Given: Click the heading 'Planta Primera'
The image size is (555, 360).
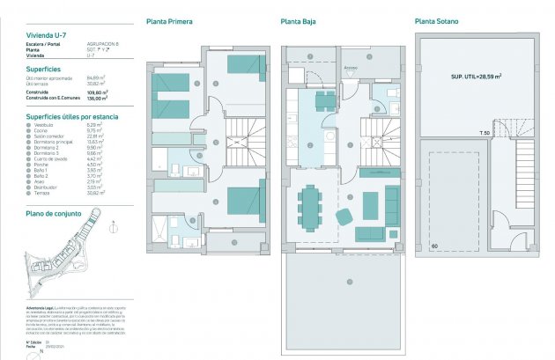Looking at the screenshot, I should [x=169, y=21].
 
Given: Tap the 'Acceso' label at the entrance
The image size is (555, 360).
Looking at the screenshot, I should [x=351, y=65].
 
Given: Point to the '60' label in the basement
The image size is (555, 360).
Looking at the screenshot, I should [x=434, y=246].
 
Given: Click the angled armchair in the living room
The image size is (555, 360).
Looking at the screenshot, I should [x=344, y=216].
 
